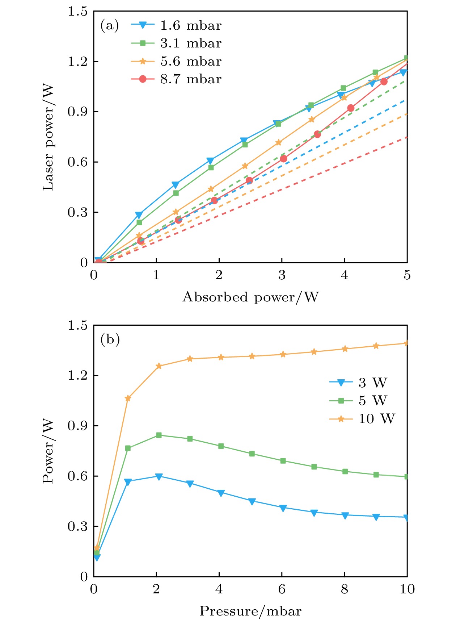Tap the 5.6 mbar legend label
pyautogui.click(x=190, y=61)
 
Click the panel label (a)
pyautogui.click(x=109, y=25)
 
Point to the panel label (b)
pyautogui.click(x=110, y=339)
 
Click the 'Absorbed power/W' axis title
pyautogui.click(x=250, y=297)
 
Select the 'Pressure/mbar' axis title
pyautogui.click(x=250, y=611)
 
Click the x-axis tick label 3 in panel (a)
pyautogui.click(x=282, y=275)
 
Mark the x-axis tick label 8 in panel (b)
pyautogui.click(x=344, y=589)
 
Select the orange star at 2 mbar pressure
pyautogui.click(x=159, y=366)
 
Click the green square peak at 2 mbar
pyautogui.click(x=159, y=435)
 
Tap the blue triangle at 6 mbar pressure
pyautogui.click(x=283, y=508)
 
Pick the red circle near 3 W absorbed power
pyautogui.click(x=283, y=159)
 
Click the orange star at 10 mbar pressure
pyautogui.click(x=406, y=343)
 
